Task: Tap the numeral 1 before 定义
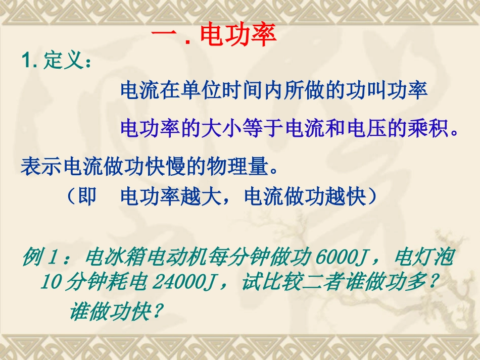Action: [27, 62]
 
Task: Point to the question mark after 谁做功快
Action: [157, 312]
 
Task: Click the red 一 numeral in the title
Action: [163, 36]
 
